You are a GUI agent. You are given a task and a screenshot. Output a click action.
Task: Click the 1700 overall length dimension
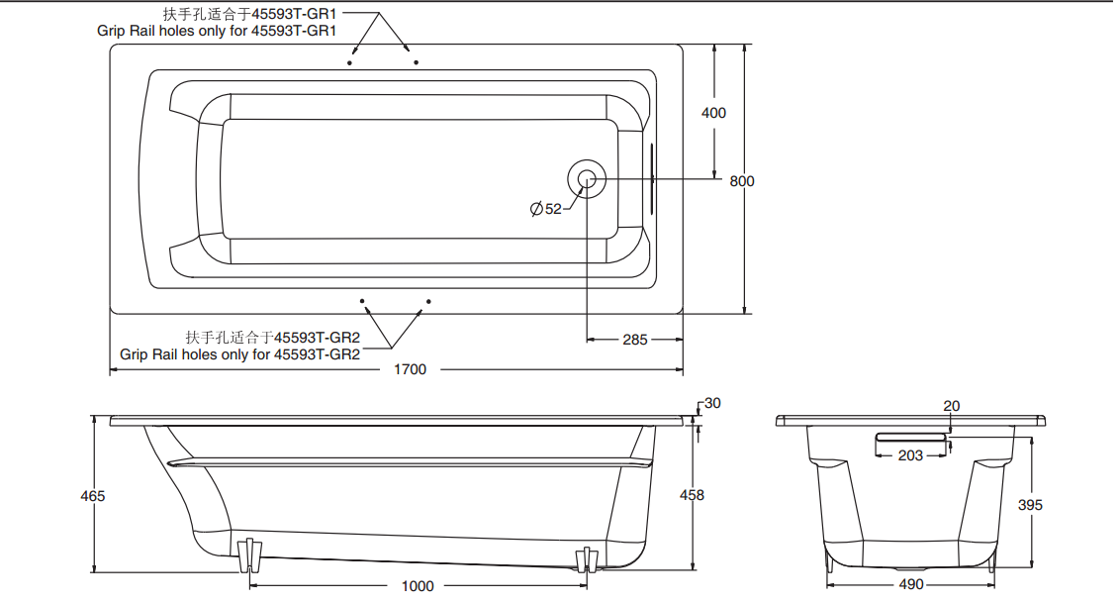(x=411, y=369)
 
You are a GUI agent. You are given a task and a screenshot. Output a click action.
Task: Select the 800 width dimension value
(x=741, y=181)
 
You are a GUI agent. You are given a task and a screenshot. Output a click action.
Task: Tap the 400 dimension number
(x=713, y=113)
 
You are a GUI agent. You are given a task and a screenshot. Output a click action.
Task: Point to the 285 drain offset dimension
(x=634, y=340)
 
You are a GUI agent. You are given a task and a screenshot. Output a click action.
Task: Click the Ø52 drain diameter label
(x=546, y=209)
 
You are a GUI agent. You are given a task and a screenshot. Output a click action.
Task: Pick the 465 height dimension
(x=93, y=495)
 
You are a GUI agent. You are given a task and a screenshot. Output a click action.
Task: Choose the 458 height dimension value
(x=693, y=495)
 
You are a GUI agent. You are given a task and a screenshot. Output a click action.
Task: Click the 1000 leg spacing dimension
(x=418, y=586)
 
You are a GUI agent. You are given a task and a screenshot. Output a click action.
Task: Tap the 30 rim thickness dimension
(x=712, y=403)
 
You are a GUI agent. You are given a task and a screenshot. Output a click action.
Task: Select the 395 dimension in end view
(x=1030, y=505)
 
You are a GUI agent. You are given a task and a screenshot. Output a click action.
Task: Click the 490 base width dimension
(x=911, y=584)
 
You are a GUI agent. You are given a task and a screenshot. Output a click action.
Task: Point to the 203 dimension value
(x=910, y=455)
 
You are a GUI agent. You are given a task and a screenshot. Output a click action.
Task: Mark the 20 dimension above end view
(x=951, y=406)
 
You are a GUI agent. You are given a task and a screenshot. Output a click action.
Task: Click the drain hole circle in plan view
(x=587, y=179)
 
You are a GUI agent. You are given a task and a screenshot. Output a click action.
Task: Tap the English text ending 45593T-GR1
(x=217, y=31)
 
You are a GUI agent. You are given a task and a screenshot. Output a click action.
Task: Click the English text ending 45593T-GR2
(x=240, y=353)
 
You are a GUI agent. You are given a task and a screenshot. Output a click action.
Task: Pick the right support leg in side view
(x=587, y=560)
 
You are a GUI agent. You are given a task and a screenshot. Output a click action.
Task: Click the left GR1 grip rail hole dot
(x=350, y=63)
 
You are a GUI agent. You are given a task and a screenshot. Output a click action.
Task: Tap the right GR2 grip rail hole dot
(x=428, y=300)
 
